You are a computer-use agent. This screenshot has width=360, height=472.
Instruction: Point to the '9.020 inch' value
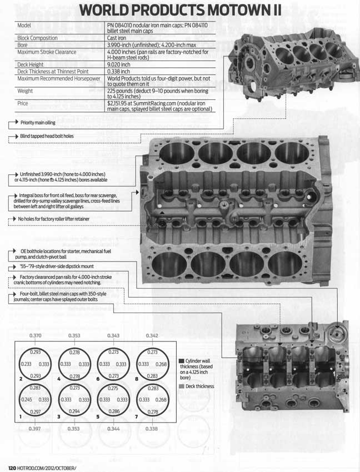click(121, 64)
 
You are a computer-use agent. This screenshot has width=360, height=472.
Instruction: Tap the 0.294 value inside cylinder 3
click(74, 410)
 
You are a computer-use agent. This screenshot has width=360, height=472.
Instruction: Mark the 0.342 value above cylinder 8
click(151, 336)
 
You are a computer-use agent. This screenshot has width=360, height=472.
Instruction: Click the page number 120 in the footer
click(11, 466)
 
